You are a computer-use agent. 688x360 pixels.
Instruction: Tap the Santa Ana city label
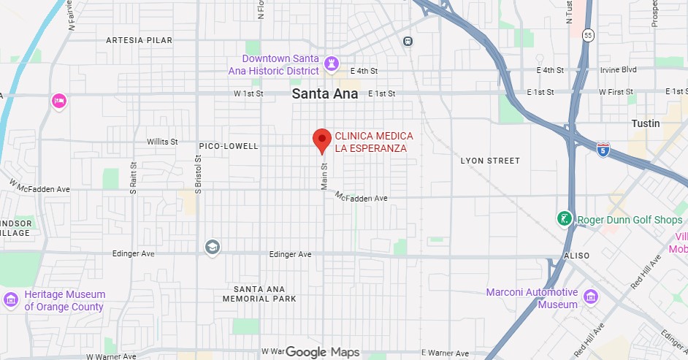pos(325,94)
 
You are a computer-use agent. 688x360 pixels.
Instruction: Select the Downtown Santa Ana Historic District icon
pos(332,64)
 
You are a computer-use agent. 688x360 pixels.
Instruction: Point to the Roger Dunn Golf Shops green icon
pos(565,218)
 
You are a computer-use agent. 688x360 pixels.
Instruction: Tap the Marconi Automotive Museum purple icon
pos(590,296)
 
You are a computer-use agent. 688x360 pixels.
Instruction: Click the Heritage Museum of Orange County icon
pos(11,299)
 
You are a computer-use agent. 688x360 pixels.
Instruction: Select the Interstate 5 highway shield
pos(603,150)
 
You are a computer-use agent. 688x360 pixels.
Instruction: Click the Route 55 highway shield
pos(589,35)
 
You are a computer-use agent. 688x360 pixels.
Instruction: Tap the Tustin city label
pos(646,124)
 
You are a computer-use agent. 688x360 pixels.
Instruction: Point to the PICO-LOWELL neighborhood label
pos(229,146)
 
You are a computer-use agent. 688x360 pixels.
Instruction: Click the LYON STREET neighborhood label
pos(491,161)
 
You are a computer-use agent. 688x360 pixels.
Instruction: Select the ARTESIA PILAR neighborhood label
pos(139,39)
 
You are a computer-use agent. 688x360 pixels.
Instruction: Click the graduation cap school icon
pos(213,246)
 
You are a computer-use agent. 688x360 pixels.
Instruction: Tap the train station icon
pos(408,41)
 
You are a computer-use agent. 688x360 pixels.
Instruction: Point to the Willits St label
pos(162,141)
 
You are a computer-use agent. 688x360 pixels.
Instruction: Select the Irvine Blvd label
pos(619,69)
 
